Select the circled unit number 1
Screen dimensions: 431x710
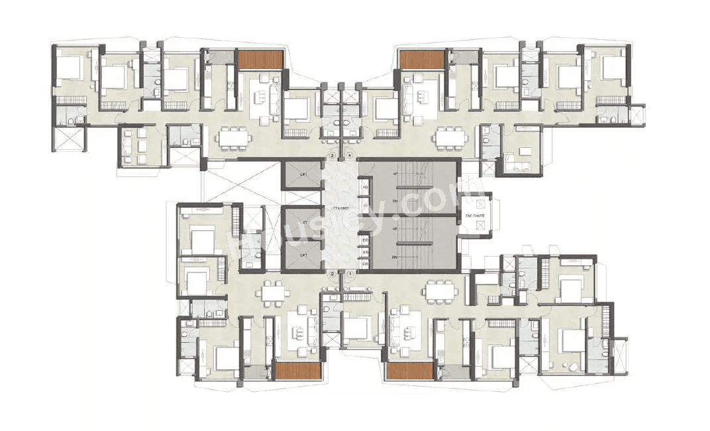(350, 273)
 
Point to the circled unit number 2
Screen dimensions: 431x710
(332, 273)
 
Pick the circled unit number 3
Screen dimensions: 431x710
(333, 156)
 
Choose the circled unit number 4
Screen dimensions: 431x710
(350, 156)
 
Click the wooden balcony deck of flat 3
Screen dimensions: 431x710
(260, 60)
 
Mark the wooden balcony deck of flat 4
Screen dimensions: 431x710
(421, 60)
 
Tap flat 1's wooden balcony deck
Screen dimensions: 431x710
(409, 371)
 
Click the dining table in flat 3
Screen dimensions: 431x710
(234, 137)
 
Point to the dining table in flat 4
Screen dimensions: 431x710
(451, 137)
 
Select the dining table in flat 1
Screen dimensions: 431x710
(440, 290)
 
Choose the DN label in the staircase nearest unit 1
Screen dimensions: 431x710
(395, 256)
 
